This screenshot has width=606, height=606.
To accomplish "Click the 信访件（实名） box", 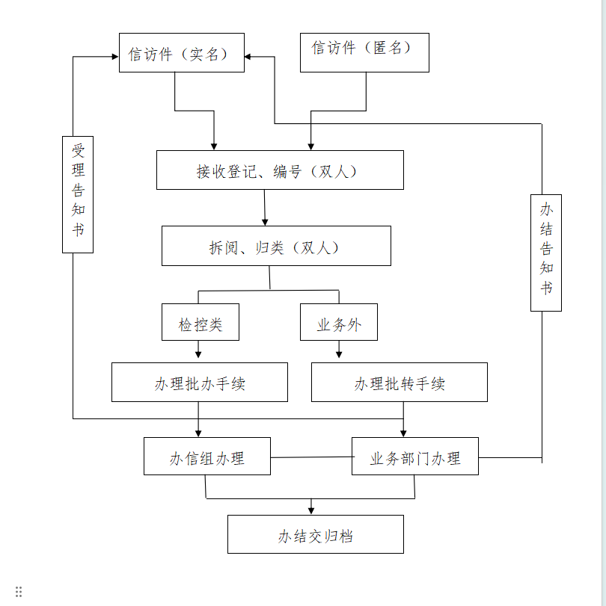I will coord(181,53).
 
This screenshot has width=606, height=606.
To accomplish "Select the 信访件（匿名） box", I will coord(364,52).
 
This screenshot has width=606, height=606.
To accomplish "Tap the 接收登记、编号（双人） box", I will coord(280,170).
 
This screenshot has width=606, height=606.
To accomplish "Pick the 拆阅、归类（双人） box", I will coord(276,246).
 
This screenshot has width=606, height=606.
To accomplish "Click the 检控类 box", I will coord(201,322).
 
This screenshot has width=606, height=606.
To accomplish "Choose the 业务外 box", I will coord(339,322).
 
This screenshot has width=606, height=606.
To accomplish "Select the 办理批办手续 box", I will coord(200,383).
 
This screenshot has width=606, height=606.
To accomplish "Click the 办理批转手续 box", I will coord(399,383).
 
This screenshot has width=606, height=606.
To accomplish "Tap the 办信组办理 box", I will coord(207,457).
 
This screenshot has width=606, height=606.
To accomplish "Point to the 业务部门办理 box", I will coord(415,457).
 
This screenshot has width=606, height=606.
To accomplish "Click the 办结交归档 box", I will coord(315,534).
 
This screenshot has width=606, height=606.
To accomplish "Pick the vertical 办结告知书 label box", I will coord(546,253).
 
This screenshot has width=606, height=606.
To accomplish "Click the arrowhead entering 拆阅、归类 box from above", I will coord(265,221).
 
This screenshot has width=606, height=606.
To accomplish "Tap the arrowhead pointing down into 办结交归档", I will coord(311,510).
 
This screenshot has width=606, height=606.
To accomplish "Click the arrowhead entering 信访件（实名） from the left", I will coord(114,57).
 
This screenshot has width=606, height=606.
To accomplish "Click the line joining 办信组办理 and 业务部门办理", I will coord(310,457).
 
